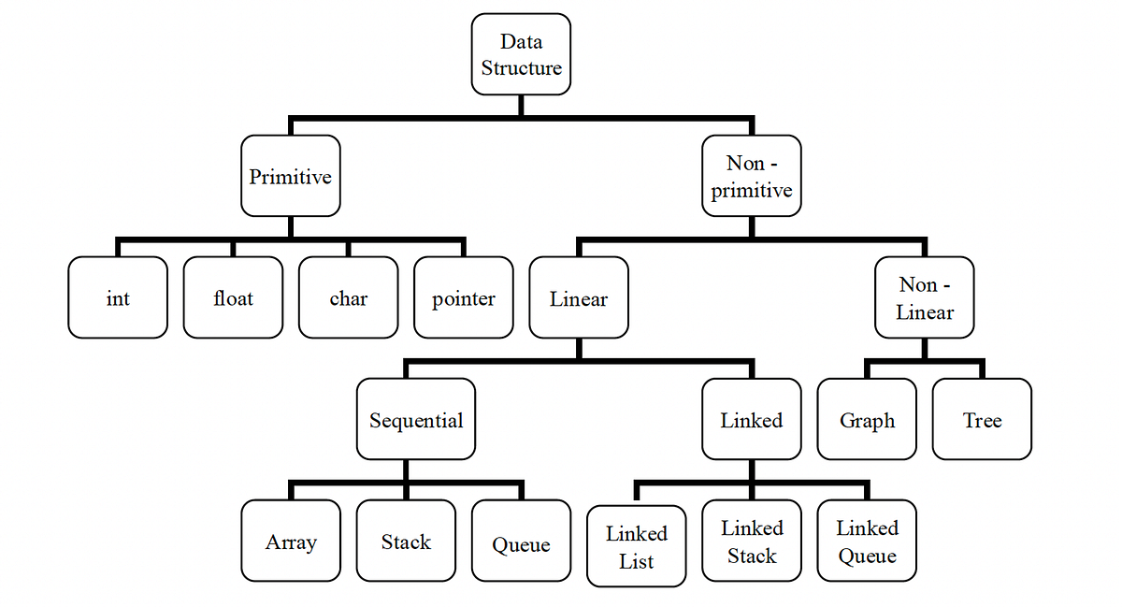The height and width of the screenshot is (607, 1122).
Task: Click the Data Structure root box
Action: (521, 54)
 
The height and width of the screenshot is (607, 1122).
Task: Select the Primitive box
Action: (290, 176)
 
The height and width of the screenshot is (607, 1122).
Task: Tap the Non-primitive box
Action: (751, 176)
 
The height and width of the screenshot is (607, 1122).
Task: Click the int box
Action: (118, 297)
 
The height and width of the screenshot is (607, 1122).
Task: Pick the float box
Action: (233, 297)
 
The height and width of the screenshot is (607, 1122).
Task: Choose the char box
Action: (348, 297)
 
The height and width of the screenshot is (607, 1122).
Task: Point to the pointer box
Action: (464, 297)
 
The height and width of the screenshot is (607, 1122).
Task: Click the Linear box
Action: (579, 297)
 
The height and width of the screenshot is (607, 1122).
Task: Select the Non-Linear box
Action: (924, 297)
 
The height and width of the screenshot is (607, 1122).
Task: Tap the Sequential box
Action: (416, 419)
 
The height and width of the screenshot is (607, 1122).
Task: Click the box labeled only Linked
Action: (751, 419)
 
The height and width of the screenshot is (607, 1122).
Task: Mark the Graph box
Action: (867, 419)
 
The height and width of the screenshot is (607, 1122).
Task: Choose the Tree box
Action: (982, 419)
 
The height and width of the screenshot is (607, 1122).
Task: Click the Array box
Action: (290, 541)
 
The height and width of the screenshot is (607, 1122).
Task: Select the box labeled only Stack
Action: (406, 541)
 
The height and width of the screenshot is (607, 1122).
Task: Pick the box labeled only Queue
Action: (521, 541)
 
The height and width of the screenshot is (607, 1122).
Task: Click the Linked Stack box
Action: (751, 541)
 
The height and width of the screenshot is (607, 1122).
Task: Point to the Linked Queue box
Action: (867, 541)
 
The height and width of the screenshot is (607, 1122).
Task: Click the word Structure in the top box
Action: (521, 68)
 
